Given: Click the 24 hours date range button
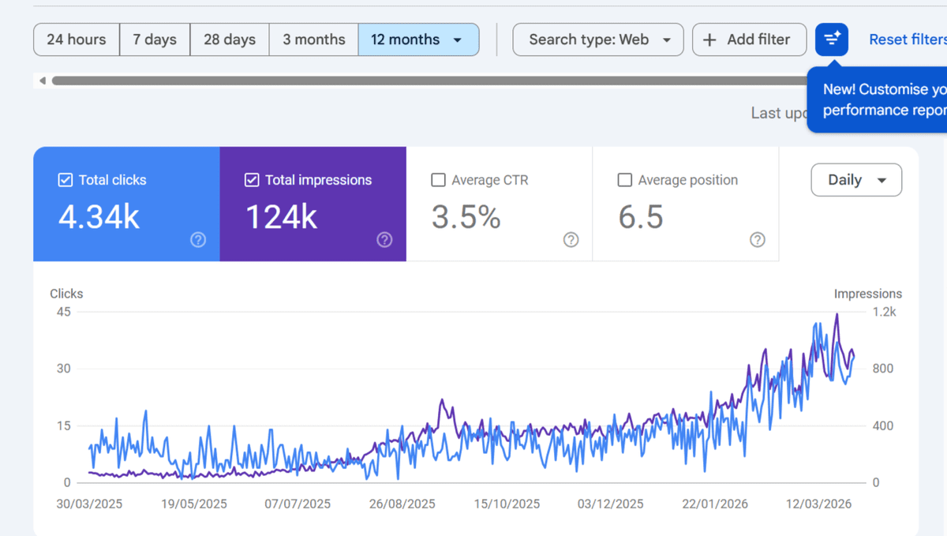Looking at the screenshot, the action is tap(77, 39).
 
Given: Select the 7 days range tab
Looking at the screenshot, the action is tap(155, 39).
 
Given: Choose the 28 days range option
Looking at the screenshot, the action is tap(230, 39).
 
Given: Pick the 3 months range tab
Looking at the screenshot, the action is tap(314, 39).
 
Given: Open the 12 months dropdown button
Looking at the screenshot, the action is tap(418, 39).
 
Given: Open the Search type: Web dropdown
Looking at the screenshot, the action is tap(598, 39).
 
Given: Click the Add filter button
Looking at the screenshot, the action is tap(749, 39).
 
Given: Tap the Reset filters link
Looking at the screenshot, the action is tap(908, 39).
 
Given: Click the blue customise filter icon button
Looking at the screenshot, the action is tap(832, 39).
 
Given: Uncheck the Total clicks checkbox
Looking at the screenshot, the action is tap(65, 180).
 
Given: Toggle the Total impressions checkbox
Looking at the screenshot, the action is tap(252, 180).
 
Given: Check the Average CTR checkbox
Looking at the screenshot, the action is tap(438, 180).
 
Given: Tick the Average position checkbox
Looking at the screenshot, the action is tap(624, 180).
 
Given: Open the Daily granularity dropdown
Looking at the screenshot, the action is tap(856, 180).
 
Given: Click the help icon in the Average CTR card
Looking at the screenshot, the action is tap(571, 240).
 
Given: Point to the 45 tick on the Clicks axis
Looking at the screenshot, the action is tap(64, 312).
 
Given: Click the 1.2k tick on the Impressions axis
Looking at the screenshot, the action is tap(884, 312).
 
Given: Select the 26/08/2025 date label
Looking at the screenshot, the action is tap(402, 504).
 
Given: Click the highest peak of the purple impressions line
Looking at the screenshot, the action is tap(837, 314).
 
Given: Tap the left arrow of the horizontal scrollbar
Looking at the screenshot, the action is tap(43, 81).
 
